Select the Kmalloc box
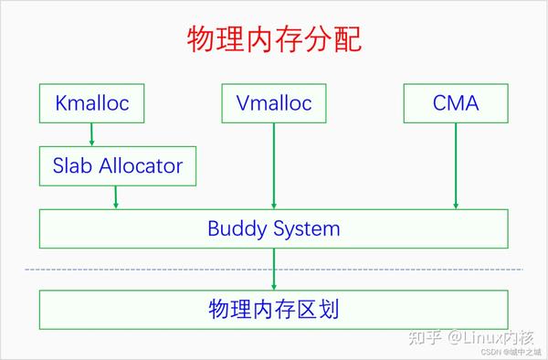91,103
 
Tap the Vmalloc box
273,103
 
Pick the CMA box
455,103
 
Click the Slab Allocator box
116,165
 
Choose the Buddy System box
273,228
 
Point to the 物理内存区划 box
273,309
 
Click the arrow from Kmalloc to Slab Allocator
91,134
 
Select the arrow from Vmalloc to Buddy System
273,164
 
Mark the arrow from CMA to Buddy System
455,164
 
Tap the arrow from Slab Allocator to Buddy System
116,196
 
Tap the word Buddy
235,228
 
